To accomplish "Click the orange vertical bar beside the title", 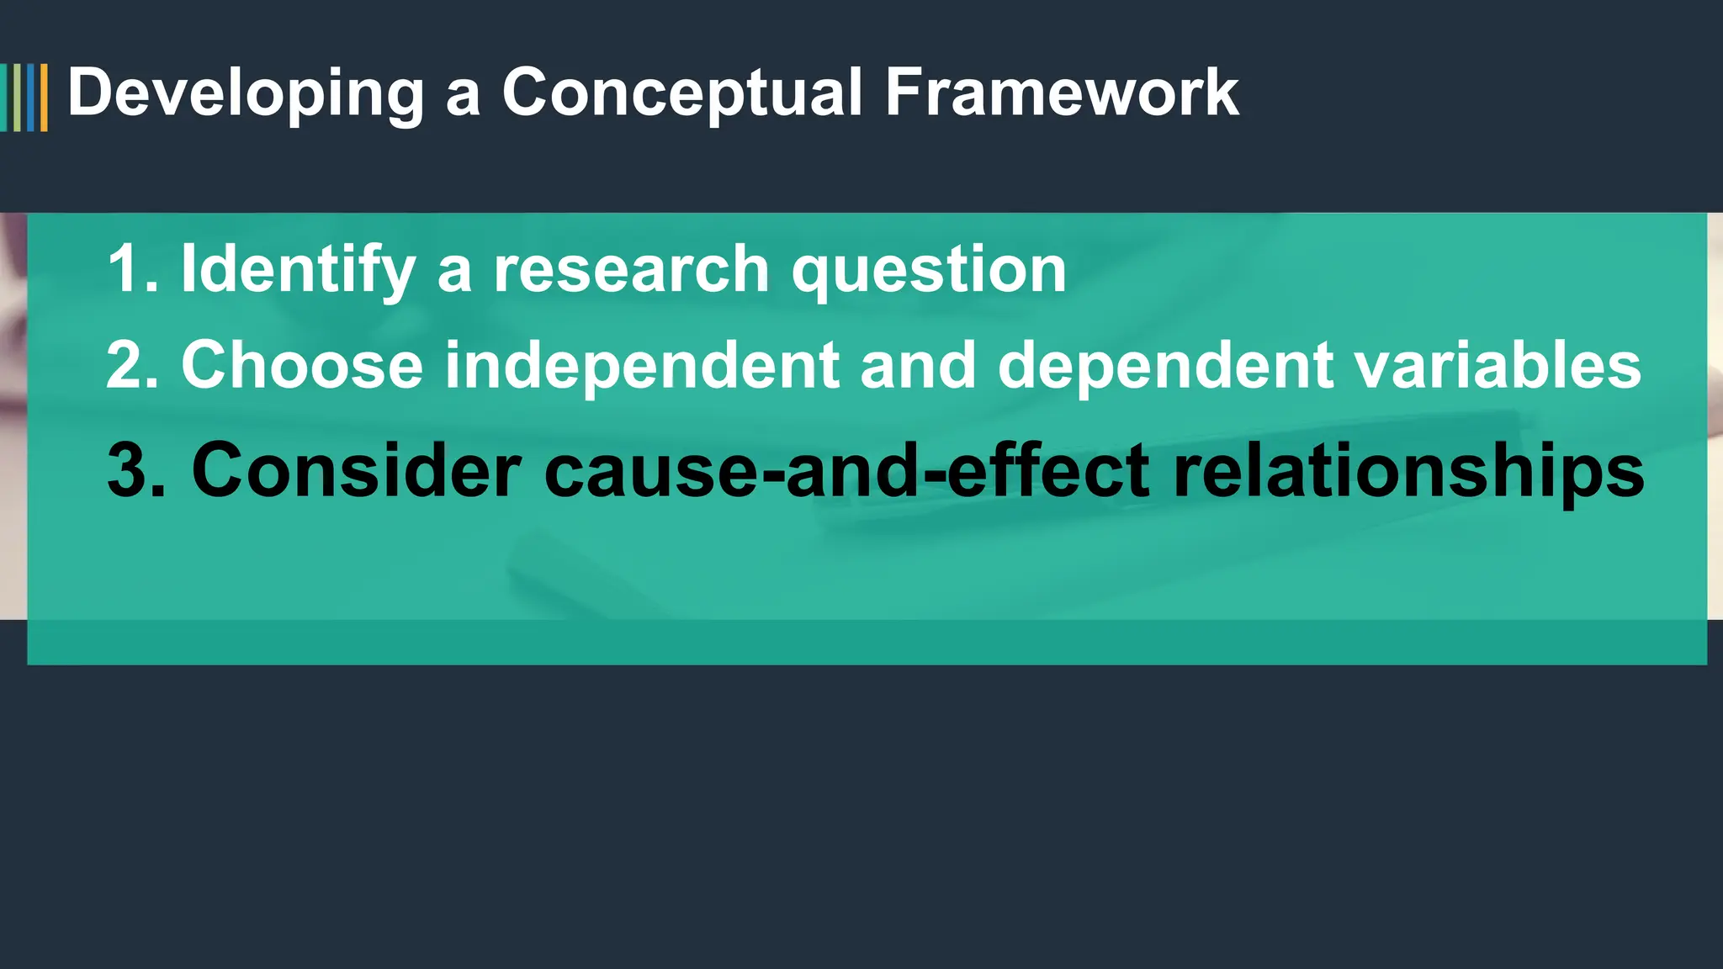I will (44, 98).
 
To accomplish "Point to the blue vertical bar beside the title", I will (31, 98).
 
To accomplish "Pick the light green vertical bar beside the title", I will (17, 98).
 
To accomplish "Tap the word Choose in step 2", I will (302, 365).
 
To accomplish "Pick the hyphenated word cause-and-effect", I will (846, 470).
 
